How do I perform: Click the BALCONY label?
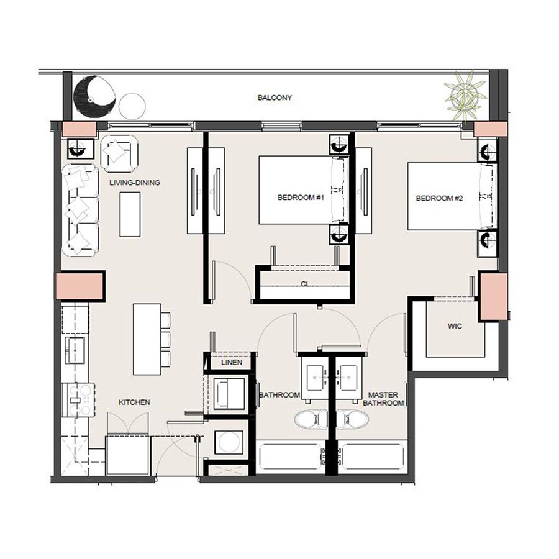275,98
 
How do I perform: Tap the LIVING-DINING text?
135,183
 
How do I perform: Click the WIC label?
455,326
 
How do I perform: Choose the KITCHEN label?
134,402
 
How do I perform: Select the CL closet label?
304,284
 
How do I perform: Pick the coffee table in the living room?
130,214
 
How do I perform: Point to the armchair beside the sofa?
119,153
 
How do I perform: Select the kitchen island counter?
147,339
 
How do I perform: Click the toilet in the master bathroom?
352,420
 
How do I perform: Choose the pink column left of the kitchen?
80,287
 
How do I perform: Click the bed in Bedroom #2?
446,196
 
